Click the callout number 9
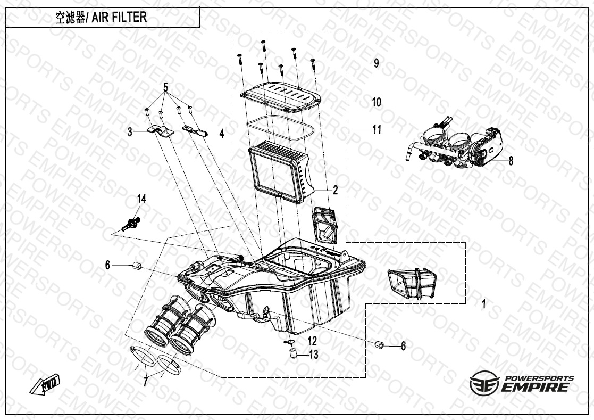pyautogui.click(x=376, y=63)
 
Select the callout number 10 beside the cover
pyautogui.click(x=376, y=102)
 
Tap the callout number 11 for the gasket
pyautogui.click(x=377, y=129)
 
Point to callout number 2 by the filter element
pyautogui.click(x=335, y=190)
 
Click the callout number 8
pyautogui.click(x=511, y=161)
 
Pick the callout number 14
pyautogui.click(x=141, y=199)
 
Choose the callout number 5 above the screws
pyautogui.click(x=165, y=87)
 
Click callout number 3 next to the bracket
pyautogui.click(x=130, y=132)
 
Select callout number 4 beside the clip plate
pyautogui.click(x=222, y=134)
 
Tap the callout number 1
pyautogui.click(x=483, y=303)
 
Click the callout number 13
pyautogui.click(x=314, y=355)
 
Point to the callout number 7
pyautogui.click(x=146, y=382)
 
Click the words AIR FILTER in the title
pyautogui.click(x=119, y=17)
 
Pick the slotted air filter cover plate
pyautogui.click(x=281, y=97)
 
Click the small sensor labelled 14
pyautogui.click(x=131, y=223)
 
